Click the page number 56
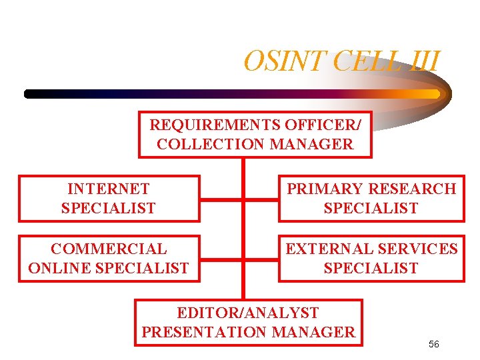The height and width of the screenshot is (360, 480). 434,344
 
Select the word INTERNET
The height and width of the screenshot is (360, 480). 109,189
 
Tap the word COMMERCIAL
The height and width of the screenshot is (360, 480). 109,249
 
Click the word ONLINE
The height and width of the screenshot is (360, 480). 64,268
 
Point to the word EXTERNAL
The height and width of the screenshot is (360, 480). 328,249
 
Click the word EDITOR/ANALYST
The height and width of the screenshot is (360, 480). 248,313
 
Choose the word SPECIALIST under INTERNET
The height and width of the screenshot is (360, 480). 109,208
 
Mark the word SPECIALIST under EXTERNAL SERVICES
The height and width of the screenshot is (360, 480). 371,268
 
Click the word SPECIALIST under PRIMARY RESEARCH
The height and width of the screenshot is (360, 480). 371,208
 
